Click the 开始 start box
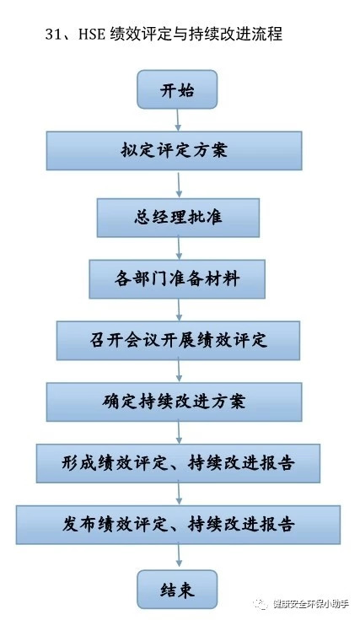click(177, 89)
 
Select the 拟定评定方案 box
click(174, 151)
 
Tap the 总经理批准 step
click(178, 218)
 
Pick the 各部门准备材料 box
click(177, 279)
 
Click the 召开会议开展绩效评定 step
click(178, 341)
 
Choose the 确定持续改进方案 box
click(174, 402)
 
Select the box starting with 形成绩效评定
click(178, 463)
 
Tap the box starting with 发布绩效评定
click(178, 525)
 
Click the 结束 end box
click(177, 590)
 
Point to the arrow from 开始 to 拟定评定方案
click(178, 120)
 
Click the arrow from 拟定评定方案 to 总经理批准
click(179, 185)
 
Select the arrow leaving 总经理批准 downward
click(179, 248)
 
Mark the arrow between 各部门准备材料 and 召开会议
click(179, 310)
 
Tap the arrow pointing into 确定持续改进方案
click(179, 371)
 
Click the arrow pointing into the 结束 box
click(179, 557)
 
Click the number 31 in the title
click(53, 34)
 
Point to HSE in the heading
click(92, 34)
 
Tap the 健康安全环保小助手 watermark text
click(310, 604)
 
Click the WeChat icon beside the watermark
click(261, 604)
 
